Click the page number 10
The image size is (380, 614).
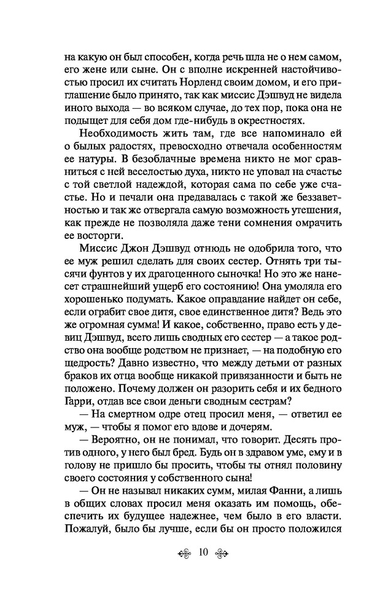pyautogui.click(x=204, y=553)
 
